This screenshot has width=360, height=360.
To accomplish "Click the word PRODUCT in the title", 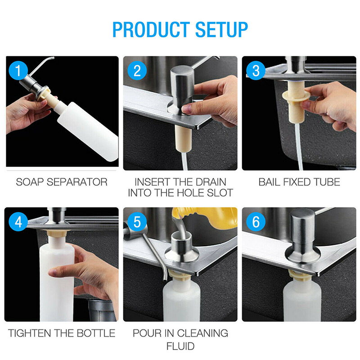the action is click(x=151, y=30).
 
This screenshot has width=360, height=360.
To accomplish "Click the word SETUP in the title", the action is click(x=221, y=30).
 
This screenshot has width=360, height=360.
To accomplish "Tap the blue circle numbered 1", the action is click(x=18, y=71).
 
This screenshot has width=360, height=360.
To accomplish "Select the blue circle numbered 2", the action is click(x=137, y=71).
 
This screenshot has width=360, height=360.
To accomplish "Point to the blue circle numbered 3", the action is click(x=256, y=71).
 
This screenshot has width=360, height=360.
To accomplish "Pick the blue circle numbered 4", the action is click(x=18, y=222).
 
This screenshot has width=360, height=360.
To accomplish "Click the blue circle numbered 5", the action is click(x=137, y=222).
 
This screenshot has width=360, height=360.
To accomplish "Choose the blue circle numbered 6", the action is click(x=256, y=222).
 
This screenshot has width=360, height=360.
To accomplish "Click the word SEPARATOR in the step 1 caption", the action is click(x=77, y=182).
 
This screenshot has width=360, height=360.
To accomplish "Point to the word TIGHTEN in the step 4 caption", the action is click(x=29, y=333).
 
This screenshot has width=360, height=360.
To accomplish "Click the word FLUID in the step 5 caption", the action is click(x=180, y=346).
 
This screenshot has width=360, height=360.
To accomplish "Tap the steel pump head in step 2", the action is click(x=183, y=90).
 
